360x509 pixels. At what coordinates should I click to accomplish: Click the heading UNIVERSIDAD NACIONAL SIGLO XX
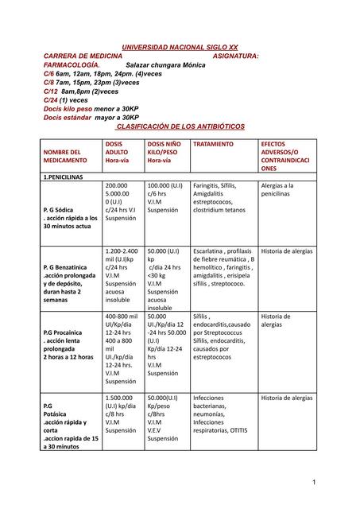point(179,48)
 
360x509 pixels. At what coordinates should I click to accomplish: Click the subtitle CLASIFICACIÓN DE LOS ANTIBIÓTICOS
point(180,126)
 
